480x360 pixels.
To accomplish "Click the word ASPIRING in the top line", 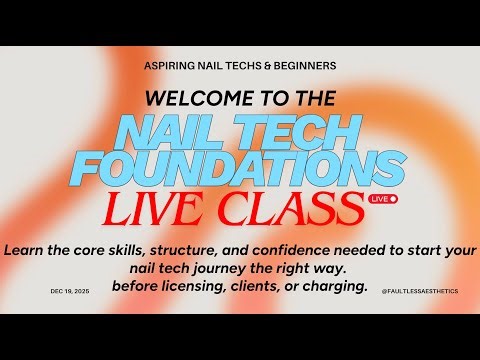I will coord(170,65).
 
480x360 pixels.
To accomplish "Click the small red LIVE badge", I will coord(384,199).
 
